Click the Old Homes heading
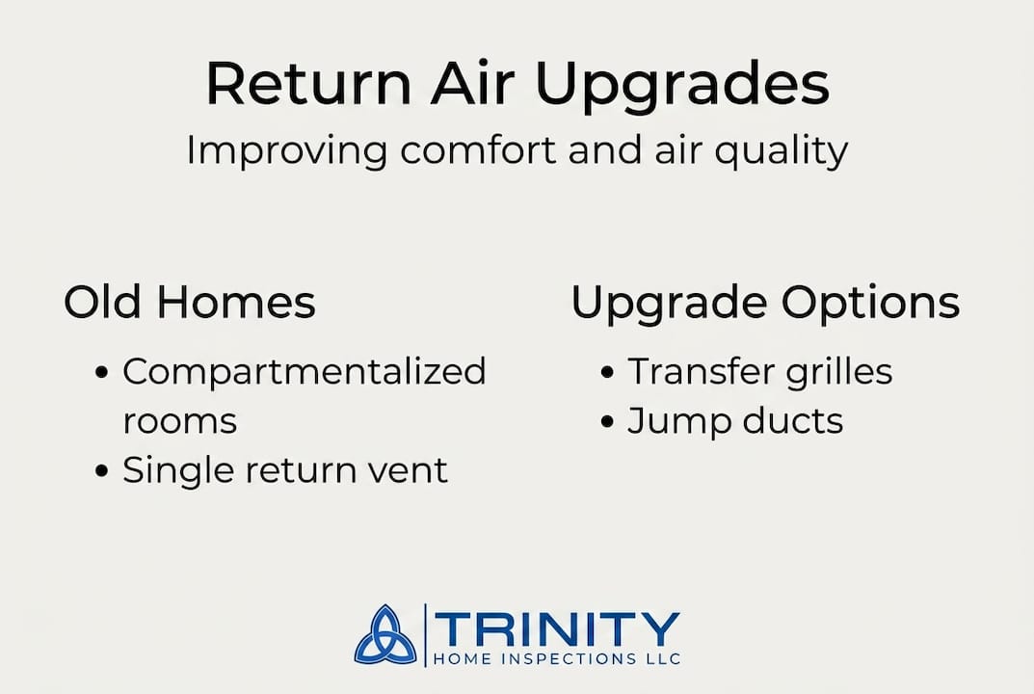pos(190,302)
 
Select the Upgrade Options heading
pos(765,304)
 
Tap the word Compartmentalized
pos(304,372)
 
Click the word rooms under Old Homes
pos(179,421)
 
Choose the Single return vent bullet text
pos(284,470)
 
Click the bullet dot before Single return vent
pos(103,472)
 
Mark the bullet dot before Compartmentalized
pos(103,373)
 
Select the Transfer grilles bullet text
pos(759,372)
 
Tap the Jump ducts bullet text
pos(734,421)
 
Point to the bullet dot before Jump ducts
pos(607,422)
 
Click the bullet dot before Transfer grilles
pos(607,373)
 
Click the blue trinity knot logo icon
pos(385,635)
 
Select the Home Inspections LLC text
pos(558,659)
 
